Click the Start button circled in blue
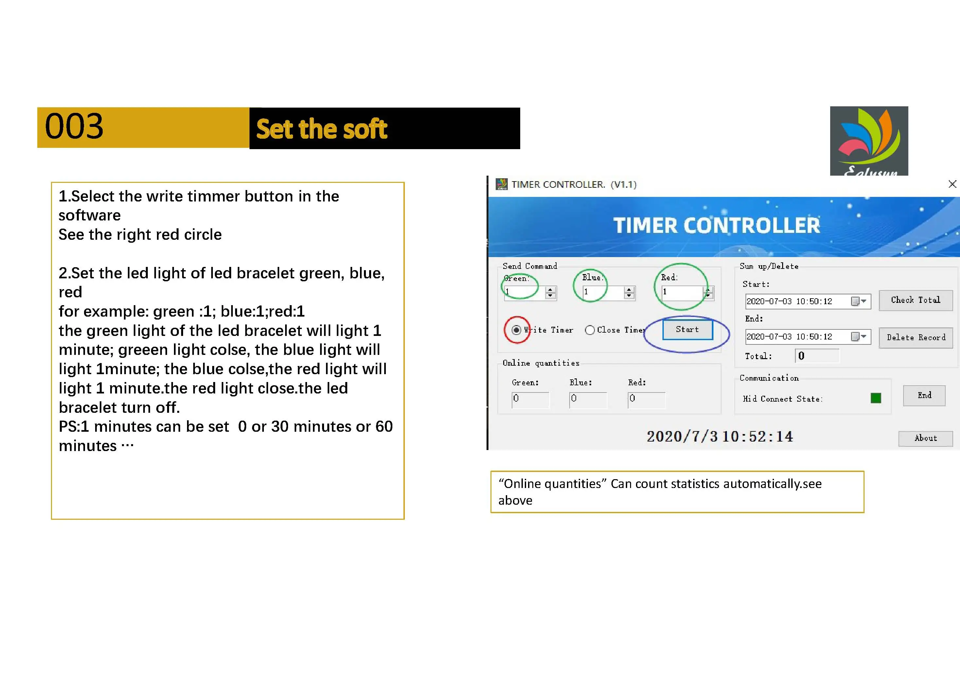coord(687,330)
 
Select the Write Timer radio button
coord(516,330)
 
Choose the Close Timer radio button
coord(590,330)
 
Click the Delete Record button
coord(916,338)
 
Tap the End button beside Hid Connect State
coord(924,395)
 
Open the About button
coord(925,439)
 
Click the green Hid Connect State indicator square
coord(876,398)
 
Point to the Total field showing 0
coord(816,356)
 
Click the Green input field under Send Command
coord(525,292)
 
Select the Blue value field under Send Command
coord(603,292)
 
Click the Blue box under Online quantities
coord(588,400)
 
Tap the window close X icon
coord(952,184)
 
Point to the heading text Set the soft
coord(321,129)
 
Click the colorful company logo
coord(869,141)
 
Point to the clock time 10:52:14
coord(757,437)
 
